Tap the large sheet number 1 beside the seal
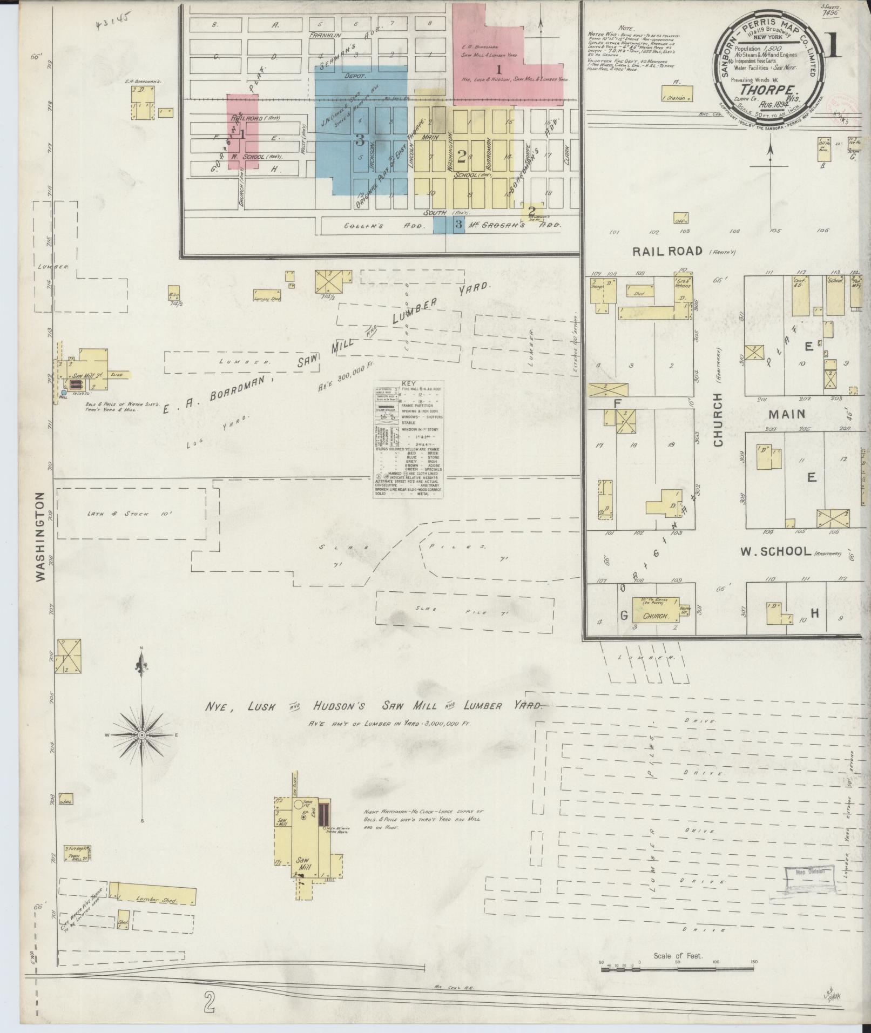coord(833,47)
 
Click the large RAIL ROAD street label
coord(667,251)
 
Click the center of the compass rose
coord(141,735)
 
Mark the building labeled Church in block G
coord(656,616)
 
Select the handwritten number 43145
coord(113,22)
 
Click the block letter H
coord(814,613)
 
